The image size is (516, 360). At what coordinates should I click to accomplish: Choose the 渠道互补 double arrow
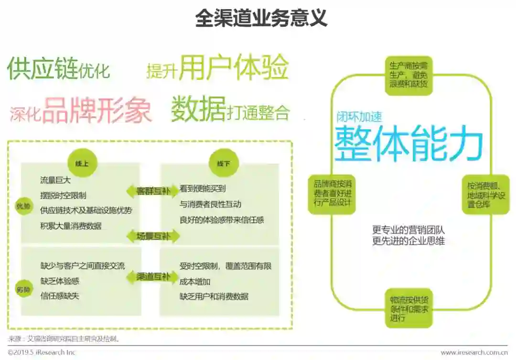(153, 277)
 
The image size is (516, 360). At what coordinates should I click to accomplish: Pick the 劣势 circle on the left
(24, 289)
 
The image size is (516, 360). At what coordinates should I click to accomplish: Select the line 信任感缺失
(60, 296)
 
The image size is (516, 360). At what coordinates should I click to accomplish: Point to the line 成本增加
(195, 281)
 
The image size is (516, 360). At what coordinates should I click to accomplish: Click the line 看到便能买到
(203, 189)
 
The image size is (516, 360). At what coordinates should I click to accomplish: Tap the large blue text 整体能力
(408, 144)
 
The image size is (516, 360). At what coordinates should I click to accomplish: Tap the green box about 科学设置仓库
(485, 195)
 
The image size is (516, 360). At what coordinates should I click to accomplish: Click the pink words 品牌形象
(97, 111)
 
